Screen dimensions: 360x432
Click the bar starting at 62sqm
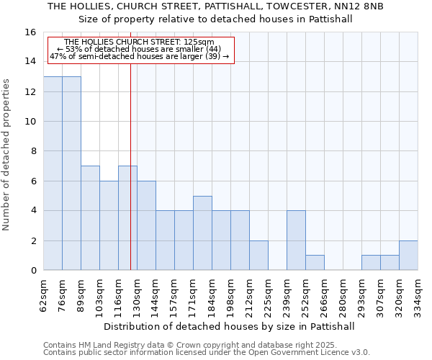pyautogui.click(x=53, y=174)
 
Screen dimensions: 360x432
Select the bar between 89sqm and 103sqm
pyautogui.click(x=90, y=218)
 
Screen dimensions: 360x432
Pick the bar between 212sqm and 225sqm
pyautogui.click(x=258, y=256)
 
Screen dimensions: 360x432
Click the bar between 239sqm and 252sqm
pyautogui.click(x=296, y=240)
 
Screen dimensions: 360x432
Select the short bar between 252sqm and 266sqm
pyautogui.click(x=315, y=263)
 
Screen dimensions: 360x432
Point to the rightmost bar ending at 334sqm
pyautogui.click(x=408, y=256)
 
